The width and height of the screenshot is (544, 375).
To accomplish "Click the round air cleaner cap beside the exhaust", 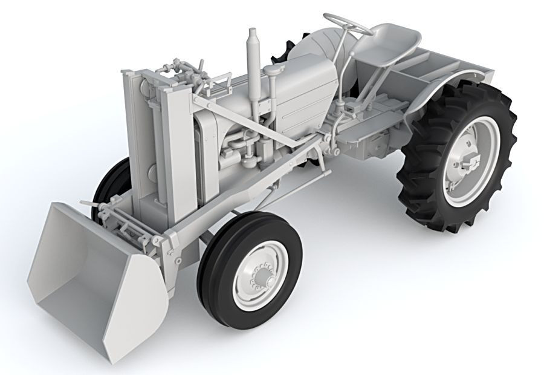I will pos(273,72).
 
